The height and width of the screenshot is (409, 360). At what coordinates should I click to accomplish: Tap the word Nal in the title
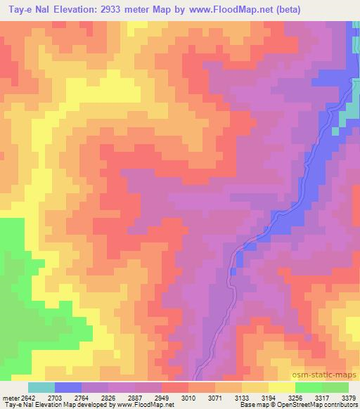coord(45,9)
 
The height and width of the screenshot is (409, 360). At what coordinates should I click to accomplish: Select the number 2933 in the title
coord(122,9)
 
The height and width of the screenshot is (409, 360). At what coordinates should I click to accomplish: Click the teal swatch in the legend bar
coord(41,387)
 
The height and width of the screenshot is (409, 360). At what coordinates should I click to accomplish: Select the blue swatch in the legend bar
coord(68,387)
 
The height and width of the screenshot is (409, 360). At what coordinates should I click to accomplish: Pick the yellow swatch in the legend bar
coord(281,387)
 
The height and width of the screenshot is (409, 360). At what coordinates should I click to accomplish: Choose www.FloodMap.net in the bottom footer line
coord(146,405)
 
